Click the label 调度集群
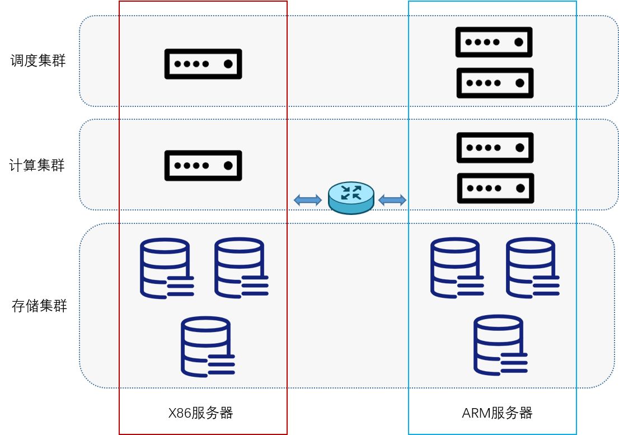click(x=38, y=60)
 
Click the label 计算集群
click(x=37, y=166)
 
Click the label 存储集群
click(x=39, y=306)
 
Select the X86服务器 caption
click(x=200, y=413)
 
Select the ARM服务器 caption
click(x=497, y=413)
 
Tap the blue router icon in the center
click(x=351, y=198)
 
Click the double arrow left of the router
click(x=307, y=200)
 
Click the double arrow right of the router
click(x=392, y=199)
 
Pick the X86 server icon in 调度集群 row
click(x=203, y=64)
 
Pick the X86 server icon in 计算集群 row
click(x=203, y=166)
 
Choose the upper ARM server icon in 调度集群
click(x=494, y=42)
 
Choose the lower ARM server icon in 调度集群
click(x=495, y=83)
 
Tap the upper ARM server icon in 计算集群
click(x=495, y=148)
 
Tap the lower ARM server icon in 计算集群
click(x=495, y=188)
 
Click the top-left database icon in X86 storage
click(x=166, y=268)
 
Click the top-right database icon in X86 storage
click(x=241, y=268)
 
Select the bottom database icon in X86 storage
click(x=207, y=347)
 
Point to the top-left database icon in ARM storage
click(x=456, y=268)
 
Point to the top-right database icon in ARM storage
click(x=532, y=268)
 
